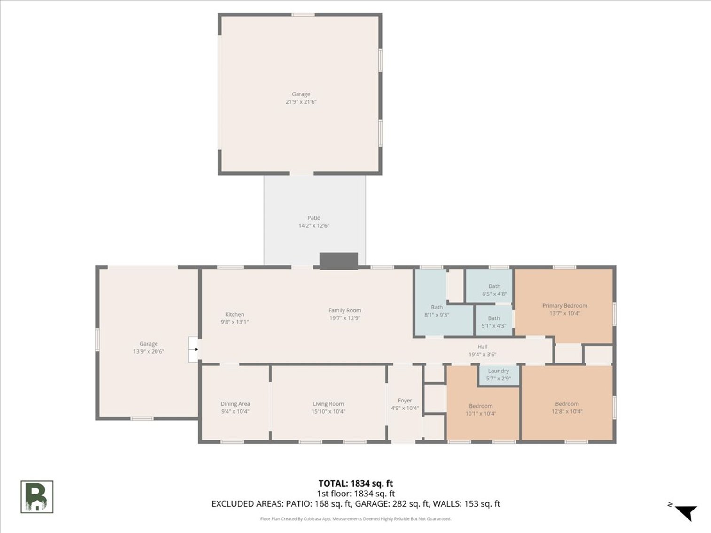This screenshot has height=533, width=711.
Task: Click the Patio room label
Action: coord(314,218)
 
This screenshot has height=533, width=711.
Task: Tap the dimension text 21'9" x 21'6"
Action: coord(301,102)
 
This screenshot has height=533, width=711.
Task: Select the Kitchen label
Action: coord(234,315)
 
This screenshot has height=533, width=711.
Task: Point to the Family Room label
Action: coord(344,310)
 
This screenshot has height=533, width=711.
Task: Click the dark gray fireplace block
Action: coord(338,261)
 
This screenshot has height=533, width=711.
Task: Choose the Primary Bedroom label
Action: coord(564,306)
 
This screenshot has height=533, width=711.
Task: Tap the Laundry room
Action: coord(499,375)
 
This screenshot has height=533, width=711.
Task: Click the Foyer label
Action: coord(405,401)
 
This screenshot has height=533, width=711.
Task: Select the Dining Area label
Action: coord(235,404)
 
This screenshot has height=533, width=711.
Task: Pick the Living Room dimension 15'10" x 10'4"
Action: coord(328,412)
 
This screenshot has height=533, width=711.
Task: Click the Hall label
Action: coord(482,347)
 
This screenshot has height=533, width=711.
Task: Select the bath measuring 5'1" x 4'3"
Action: coord(493,322)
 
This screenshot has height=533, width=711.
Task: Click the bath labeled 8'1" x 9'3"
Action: coord(437,311)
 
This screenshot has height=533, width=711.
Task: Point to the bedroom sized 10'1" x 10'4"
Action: coord(481,409)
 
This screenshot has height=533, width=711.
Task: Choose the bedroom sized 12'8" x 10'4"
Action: coord(567,408)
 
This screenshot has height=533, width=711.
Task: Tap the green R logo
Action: coord(37,497)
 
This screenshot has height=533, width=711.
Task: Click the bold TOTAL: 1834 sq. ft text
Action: coord(355,483)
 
